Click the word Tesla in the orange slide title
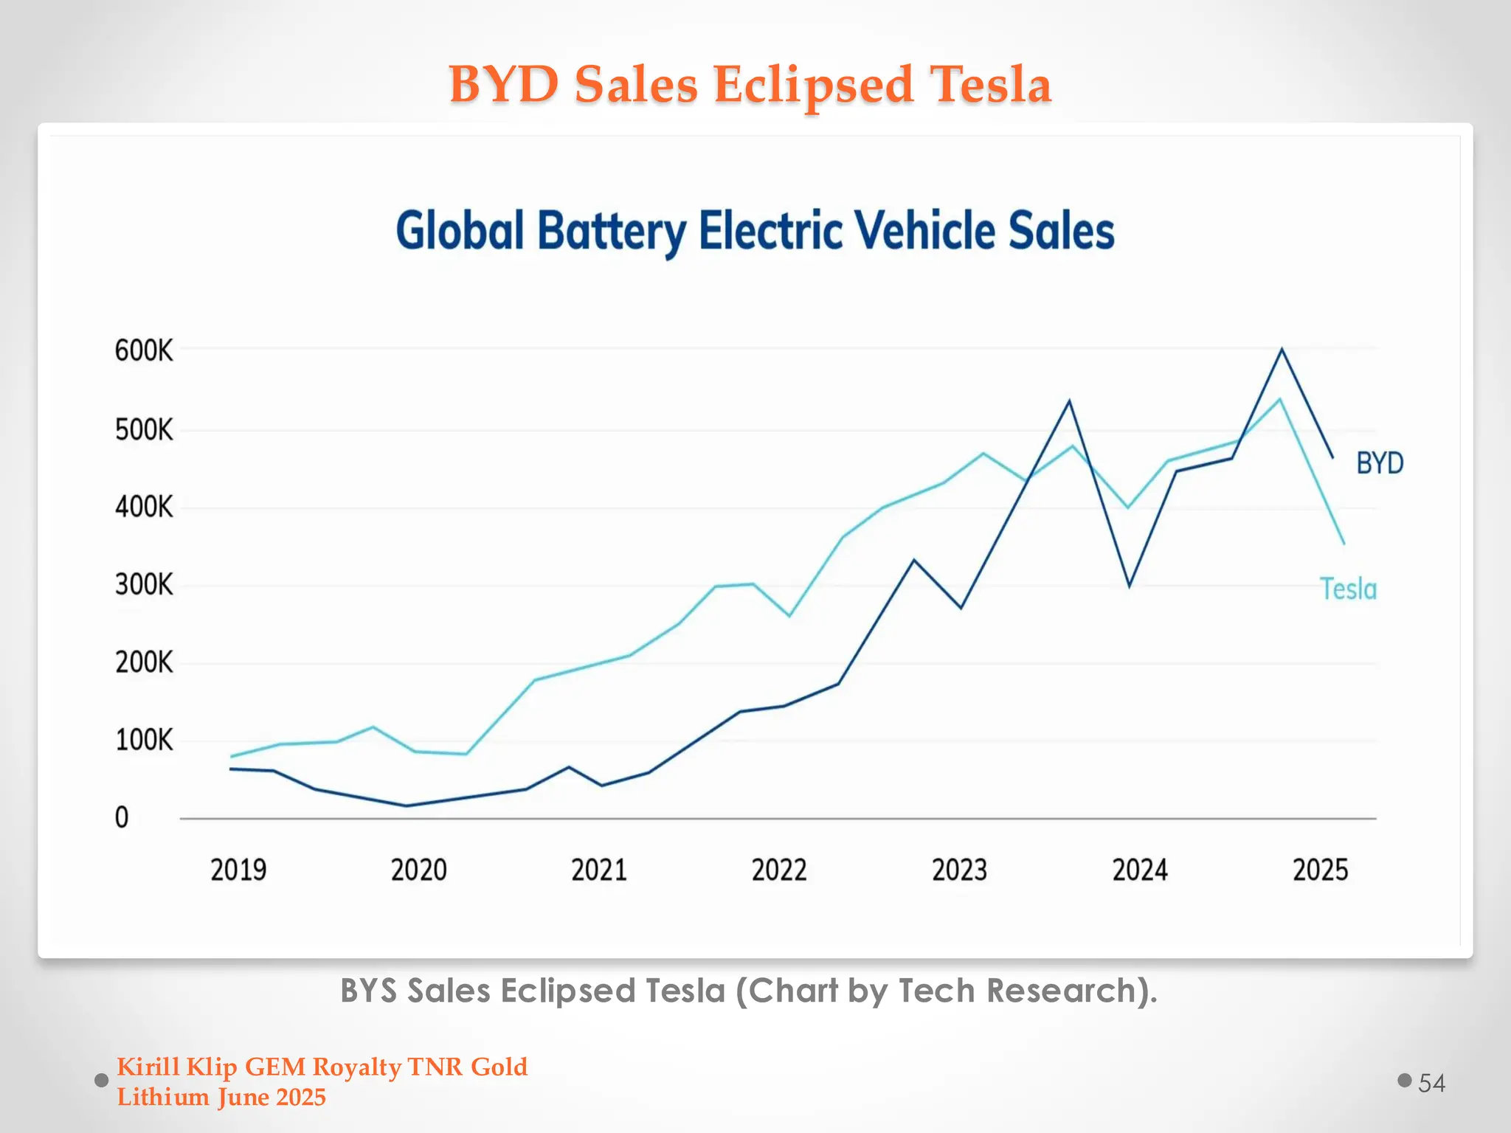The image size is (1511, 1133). click(989, 84)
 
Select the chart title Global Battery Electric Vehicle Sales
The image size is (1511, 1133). click(755, 231)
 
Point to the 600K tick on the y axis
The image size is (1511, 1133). click(144, 350)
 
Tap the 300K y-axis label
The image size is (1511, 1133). click(144, 585)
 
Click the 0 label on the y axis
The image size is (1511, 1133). click(122, 818)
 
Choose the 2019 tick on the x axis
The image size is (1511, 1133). click(238, 870)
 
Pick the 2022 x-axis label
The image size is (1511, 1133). click(779, 870)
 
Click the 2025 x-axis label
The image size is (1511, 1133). click(1320, 870)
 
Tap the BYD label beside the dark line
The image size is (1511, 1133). click(1380, 463)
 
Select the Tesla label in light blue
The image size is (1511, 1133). click(1348, 589)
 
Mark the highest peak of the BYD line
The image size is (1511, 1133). click(1282, 349)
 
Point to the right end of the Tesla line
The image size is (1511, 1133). click(1344, 544)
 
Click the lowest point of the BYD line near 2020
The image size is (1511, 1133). click(407, 805)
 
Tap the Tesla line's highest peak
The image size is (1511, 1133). click(1279, 399)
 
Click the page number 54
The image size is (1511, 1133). click(1431, 1083)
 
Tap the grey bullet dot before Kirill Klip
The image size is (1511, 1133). click(102, 1081)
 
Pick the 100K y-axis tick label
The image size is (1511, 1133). click(144, 740)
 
